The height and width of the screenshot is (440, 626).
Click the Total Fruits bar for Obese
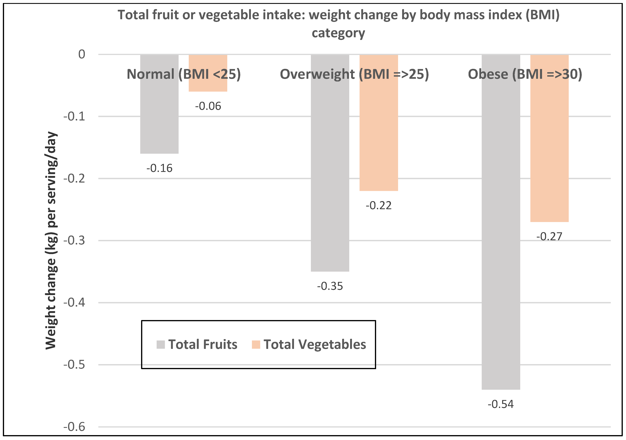(501, 231)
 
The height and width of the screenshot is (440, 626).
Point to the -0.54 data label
(501, 404)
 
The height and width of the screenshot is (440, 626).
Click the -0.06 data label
(208, 106)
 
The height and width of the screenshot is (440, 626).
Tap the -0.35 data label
(330, 286)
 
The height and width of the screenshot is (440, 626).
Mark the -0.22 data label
(378, 205)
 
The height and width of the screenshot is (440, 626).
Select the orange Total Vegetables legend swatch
(256, 345)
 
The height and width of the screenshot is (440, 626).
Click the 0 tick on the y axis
(81, 54)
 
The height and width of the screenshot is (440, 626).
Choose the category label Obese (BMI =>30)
(525, 74)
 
